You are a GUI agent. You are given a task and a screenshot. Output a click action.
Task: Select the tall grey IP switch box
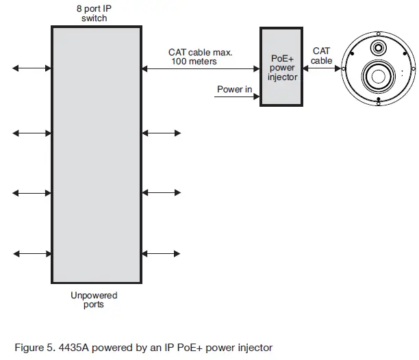(97, 155)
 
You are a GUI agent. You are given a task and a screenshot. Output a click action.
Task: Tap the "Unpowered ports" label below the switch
(94, 300)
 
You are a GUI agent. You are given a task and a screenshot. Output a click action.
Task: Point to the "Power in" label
(234, 90)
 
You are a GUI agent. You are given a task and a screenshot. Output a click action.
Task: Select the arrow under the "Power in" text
(237, 97)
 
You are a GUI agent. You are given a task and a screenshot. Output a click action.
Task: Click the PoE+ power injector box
(282, 67)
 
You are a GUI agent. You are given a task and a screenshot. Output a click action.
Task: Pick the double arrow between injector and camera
(321, 68)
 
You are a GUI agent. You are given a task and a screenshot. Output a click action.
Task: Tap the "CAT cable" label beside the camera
(321, 55)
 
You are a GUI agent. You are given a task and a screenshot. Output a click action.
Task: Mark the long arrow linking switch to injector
(201, 68)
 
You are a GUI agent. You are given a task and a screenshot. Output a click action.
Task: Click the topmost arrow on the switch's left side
(31, 68)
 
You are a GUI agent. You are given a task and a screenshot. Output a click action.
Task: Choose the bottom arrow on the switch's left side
(31, 254)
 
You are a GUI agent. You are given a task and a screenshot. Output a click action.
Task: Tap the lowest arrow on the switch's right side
(162, 254)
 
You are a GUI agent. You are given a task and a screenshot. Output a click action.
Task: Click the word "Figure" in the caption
(29, 348)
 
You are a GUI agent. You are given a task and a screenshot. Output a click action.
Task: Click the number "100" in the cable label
(180, 62)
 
